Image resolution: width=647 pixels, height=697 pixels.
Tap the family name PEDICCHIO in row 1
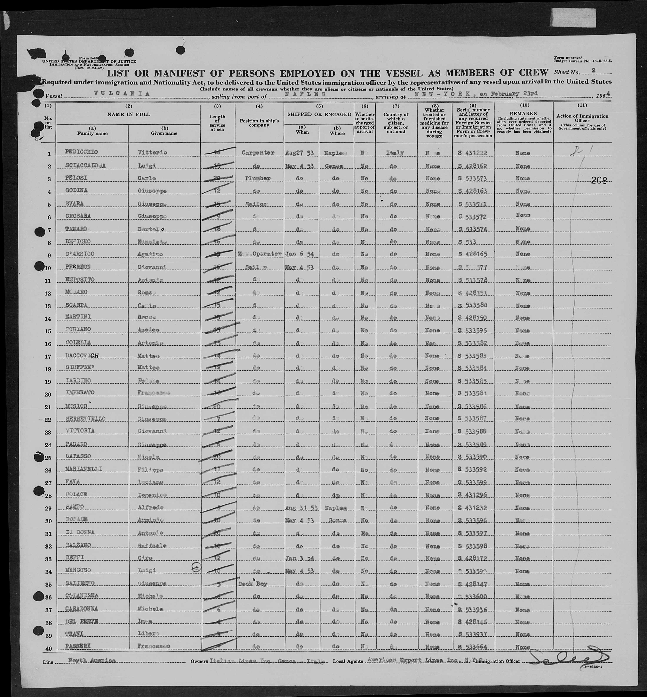[81, 152]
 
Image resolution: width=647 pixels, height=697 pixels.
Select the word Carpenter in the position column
[259, 153]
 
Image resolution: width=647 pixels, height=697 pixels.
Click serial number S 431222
[473, 153]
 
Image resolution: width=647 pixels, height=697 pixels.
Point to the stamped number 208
[599, 180]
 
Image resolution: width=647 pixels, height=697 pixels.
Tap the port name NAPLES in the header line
[305, 94]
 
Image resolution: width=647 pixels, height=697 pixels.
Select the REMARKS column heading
[524, 114]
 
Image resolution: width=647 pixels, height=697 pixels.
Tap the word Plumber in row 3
[259, 178]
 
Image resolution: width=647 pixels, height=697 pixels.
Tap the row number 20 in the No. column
[48, 394]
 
